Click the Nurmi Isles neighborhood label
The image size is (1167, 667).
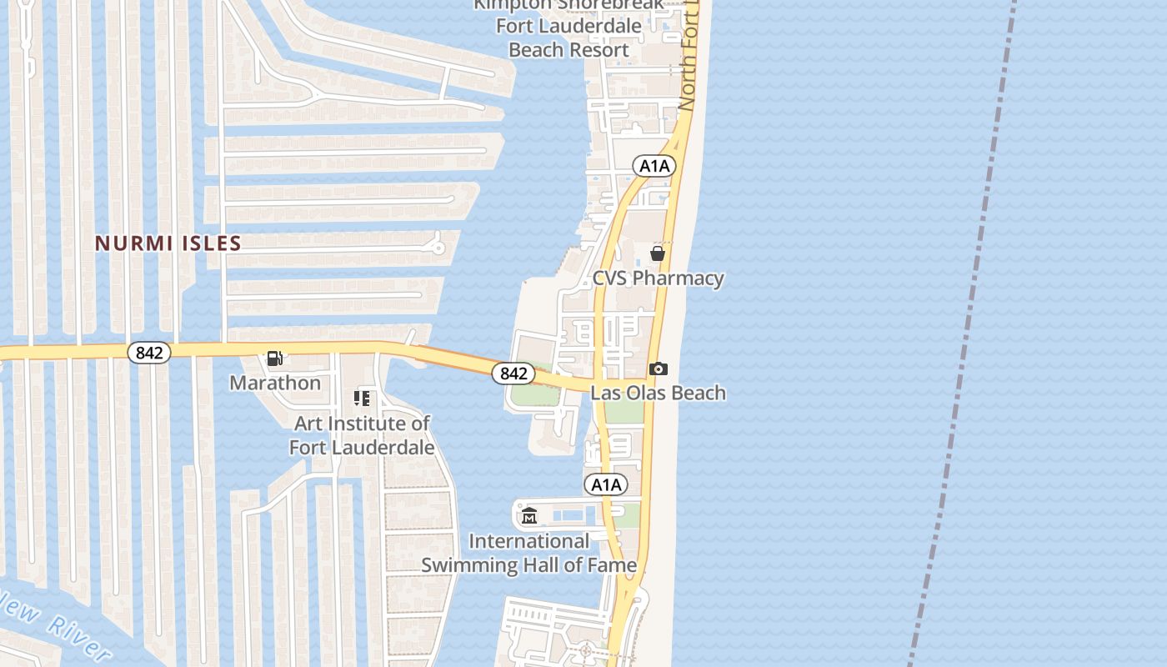[x=168, y=243]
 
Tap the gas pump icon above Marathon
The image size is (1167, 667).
[x=274, y=359]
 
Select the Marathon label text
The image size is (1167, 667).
[x=275, y=383]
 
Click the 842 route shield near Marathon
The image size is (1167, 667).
[x=149, y=353]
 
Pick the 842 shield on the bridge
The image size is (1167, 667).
[x=513, y=374]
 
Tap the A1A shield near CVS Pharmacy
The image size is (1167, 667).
[x=654, y=166]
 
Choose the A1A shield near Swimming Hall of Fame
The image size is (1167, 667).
[x=606, y=484]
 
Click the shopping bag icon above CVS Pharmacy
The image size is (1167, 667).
[x=658, y=253]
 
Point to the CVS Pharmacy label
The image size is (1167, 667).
[x=658, y=278]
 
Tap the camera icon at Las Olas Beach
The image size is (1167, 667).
[x=658, y=369]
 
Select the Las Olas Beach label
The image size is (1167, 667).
[x=658, y=393]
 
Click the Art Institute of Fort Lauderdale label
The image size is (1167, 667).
[x=362, y=435]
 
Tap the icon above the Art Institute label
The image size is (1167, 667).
[x=362, y=399]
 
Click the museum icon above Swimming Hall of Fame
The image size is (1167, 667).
[x=528, y=516]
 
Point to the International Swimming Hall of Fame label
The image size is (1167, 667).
[x=528, y=553]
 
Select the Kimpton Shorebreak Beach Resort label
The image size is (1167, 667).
[x=569, y=27]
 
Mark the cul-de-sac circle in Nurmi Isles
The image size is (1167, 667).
[x=437, y=247]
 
